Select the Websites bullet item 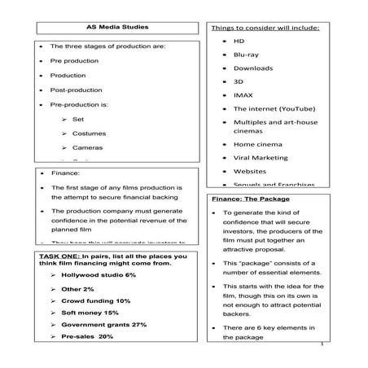coord(248,172)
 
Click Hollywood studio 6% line coord(98,276)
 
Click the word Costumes coord(88,133)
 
